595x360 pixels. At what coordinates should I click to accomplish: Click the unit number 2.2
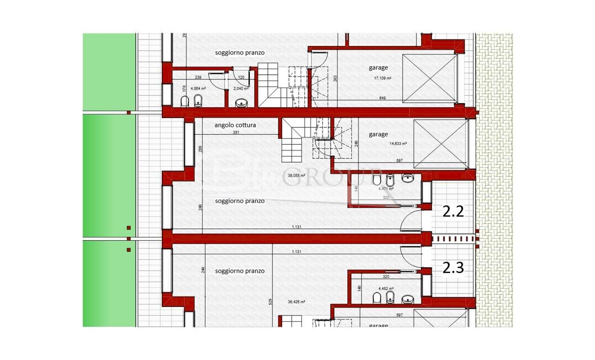pyautogui.click(x=453, y=212)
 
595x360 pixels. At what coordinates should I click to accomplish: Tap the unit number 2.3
pyautogui.click(x=453, y=268)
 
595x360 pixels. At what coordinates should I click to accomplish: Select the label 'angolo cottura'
pyautogui.click(x=235, y=125)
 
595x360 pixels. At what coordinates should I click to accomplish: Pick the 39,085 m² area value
pyautogui.click(x=296, y=176)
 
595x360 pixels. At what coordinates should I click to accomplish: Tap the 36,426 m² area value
pyautogui.click(x=296, y=302)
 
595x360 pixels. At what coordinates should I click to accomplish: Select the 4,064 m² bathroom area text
pyautogui.click(x=198, y=88)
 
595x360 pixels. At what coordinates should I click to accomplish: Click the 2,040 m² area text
pyautogui.click(x=241, y=88)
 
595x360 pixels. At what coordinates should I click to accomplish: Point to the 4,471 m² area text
pyautogui.click(x=386, y=189)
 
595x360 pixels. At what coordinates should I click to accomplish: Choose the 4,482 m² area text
pyautogui.click(x=386, y=288)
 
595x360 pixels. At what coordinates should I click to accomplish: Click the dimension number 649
pyautogui.click(x=383, y=98)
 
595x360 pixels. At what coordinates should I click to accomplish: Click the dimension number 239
pyautogui.click(x=198, y=78)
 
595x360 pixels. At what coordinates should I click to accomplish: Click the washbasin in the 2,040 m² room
pyautogui.click(x=241, y=103)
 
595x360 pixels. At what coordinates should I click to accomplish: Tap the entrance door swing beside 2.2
pyautogui.click(x=410, y=220)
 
